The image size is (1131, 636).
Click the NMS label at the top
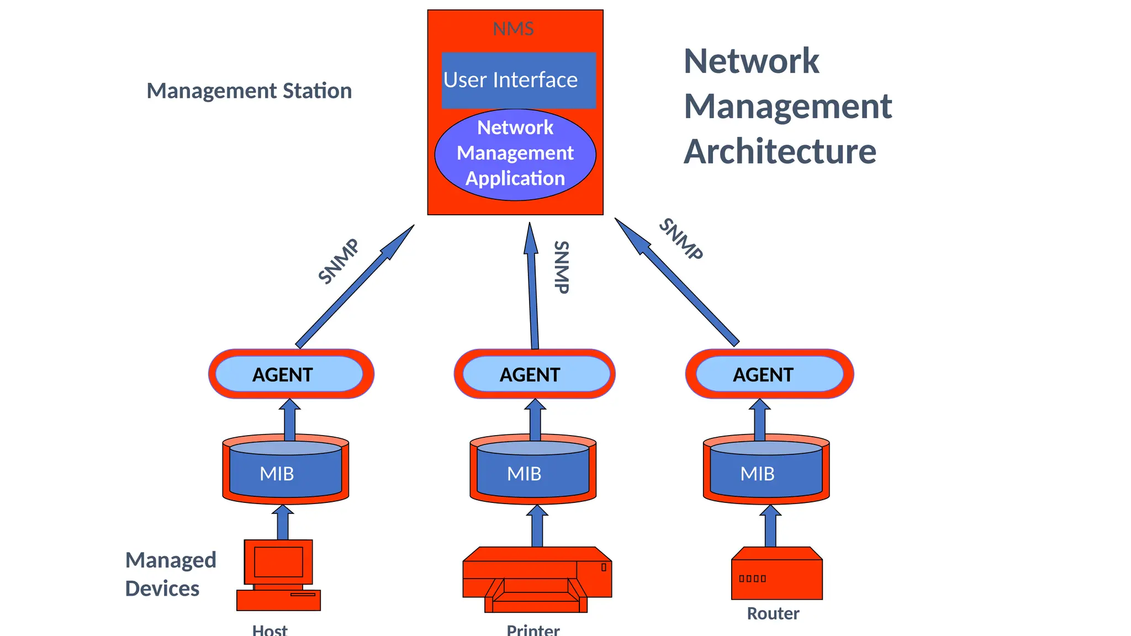(x=513, y=29)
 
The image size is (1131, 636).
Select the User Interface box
(x=518, y=81)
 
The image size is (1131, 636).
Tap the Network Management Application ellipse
(x=515, y=153)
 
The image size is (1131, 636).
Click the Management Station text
(x=249, y=91)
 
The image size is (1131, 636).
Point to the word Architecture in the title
(x=780, y=151)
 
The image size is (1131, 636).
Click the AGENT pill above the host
(x=288, y=374)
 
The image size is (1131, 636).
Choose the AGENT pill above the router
(x=769, y=374)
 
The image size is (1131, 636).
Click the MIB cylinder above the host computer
(x=285, y=473)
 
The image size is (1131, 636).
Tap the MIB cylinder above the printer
(x=532, y=473)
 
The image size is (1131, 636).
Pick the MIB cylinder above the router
(x=765, y=473)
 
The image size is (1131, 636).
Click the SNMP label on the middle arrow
(x=561, y=267)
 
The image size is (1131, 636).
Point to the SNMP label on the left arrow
(x=339, y=261)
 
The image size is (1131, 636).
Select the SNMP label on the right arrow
(x=681, y=239)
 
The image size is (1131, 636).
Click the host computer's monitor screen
(x=278, y=561)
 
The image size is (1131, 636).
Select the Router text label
(x=773, y=613)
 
